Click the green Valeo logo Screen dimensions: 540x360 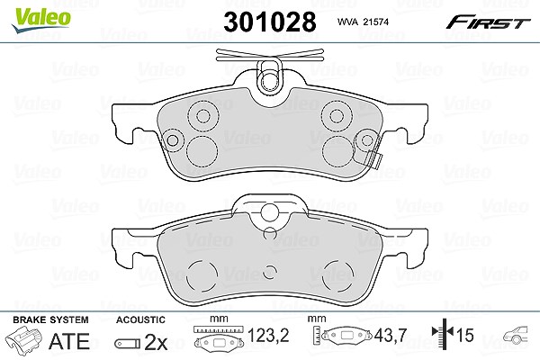(x=41, y=20)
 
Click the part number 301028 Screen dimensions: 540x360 (x=270, y=22)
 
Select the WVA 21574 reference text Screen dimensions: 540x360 (x=363, y=22)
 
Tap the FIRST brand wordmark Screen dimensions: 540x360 (x=488, y=22)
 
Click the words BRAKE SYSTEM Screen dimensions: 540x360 (x=50, y=319)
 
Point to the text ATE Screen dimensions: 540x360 (x=69, y=341)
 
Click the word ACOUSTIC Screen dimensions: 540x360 (x=140, y=319)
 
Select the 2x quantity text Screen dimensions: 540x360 (x=156, y=342)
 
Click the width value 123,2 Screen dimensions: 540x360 (x=268, y=335)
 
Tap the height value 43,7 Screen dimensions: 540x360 (x=391, y=335)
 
